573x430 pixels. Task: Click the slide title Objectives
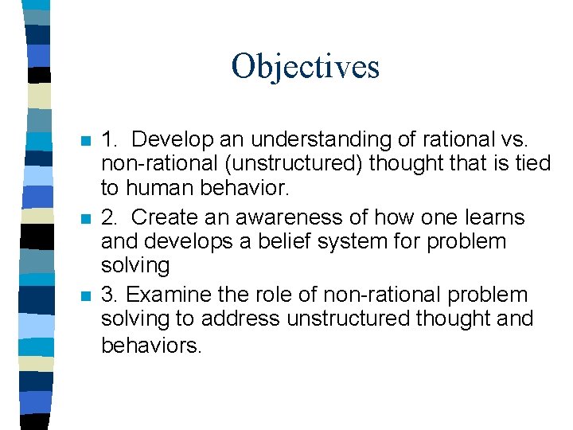pos(305,66)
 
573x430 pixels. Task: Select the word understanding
pos(320,139)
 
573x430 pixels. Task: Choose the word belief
pos(288,241)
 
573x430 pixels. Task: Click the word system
pos(362,241)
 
